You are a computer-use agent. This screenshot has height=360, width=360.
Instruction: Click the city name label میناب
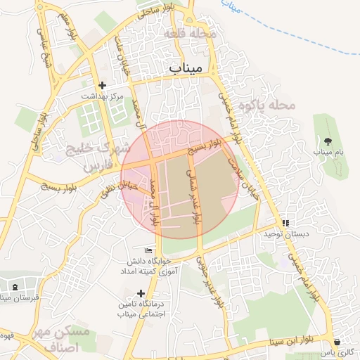(x=186, y=67)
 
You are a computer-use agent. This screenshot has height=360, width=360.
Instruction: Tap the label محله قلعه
(x=191, y=33)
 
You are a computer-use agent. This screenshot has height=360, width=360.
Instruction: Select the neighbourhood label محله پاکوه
(x=268, y=105)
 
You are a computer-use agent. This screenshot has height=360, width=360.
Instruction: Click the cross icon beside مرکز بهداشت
(x=103, y=85)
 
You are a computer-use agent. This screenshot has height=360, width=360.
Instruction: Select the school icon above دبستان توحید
(x=285, y=223)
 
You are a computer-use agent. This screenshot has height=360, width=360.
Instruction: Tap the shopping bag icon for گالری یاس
(x=338, y=342)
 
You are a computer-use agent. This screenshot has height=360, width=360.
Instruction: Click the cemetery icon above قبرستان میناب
(x=15, y=288)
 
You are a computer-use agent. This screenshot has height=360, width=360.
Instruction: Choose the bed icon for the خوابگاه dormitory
(x=148, y=251)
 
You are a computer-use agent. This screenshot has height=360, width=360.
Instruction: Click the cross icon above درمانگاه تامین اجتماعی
(x=141, y=293)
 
